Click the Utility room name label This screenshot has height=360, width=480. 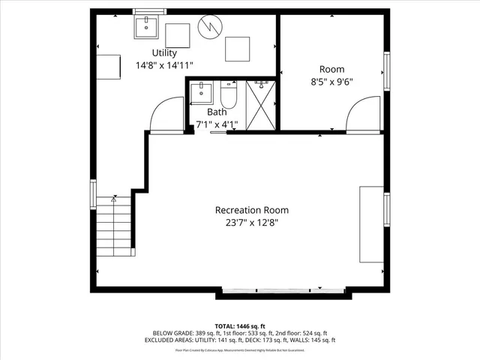point(164,52)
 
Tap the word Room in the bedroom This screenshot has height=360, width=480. point(331,69)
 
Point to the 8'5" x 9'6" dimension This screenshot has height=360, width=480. point(331,82)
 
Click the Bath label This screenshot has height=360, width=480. point(217,112)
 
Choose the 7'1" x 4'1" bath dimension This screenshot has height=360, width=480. point(217,124)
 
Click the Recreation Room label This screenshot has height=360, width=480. point(251,210)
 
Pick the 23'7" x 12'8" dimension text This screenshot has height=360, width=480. point(251,223)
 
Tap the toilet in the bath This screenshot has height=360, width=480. point(228,96)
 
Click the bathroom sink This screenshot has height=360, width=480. point(201,94)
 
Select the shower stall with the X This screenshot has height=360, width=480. point(260,106)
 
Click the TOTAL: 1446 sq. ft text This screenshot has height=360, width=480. point(239,325)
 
